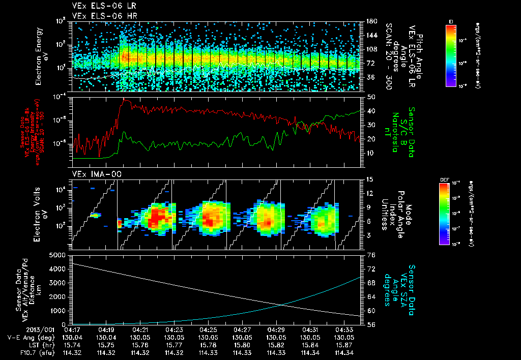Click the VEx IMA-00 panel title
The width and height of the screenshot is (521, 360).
[x=90, y=174]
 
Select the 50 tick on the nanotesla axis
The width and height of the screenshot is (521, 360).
[x=369, y=97]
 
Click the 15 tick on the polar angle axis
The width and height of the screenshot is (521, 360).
[x=369, y=179]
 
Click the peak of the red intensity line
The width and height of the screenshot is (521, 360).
[x=124, y=99]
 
